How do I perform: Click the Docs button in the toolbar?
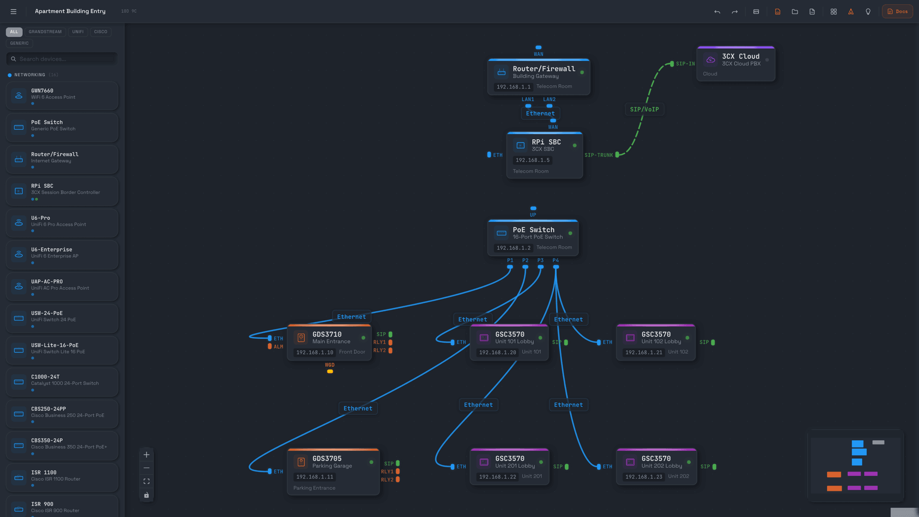pos(897,11)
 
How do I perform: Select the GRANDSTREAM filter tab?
pos(45,32)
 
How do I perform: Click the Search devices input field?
pos(62,59)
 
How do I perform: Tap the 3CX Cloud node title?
pos(740,56)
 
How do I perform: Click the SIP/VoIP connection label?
pos(644,110)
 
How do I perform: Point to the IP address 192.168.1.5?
pos(532,160)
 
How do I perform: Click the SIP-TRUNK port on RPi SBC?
pos(617,155)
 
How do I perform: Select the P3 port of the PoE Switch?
pos(540,267)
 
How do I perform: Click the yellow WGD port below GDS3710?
pos(330,371)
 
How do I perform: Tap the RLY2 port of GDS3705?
pos(398,480)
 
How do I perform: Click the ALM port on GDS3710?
pos(270,347)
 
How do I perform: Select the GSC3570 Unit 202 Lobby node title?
pos(656,459)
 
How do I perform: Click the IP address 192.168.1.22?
pos(497,477)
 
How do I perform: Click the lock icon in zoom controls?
pos(146,495)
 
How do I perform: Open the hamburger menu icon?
pos(13,11)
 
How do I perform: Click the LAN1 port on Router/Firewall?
pos(528,106)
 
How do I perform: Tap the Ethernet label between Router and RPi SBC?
pos(540,114)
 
